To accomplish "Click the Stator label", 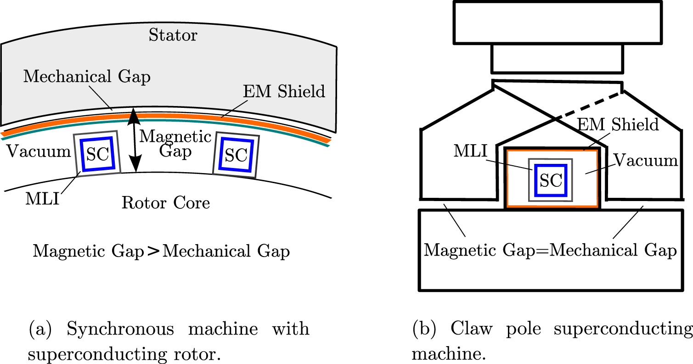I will (173, 35).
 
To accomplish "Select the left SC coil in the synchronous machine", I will (97, 154).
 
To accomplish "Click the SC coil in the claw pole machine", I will (551, 180).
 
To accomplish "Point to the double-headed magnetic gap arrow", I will (134, 140).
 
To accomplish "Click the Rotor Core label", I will (166, 202).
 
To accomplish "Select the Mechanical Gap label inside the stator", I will (87, 77).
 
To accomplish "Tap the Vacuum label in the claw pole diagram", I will (646, 160).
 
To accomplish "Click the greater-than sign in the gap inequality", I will (153, 252).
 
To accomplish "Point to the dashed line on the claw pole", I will (589, 106).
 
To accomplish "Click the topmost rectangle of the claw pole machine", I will (557, 22).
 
